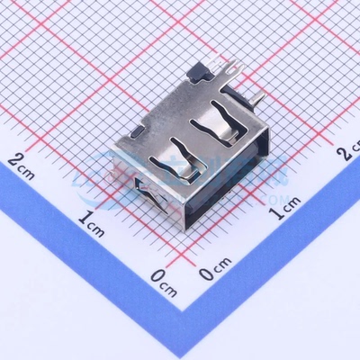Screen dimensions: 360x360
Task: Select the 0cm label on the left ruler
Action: pos(163,280)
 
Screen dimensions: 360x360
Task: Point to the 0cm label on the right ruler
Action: pos(215,266)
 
